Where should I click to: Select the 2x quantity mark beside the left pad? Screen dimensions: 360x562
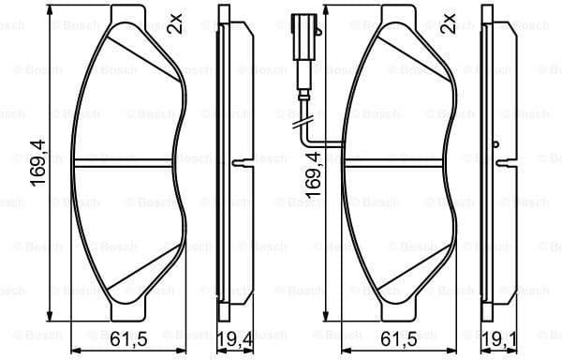click(x=174, y=22)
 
